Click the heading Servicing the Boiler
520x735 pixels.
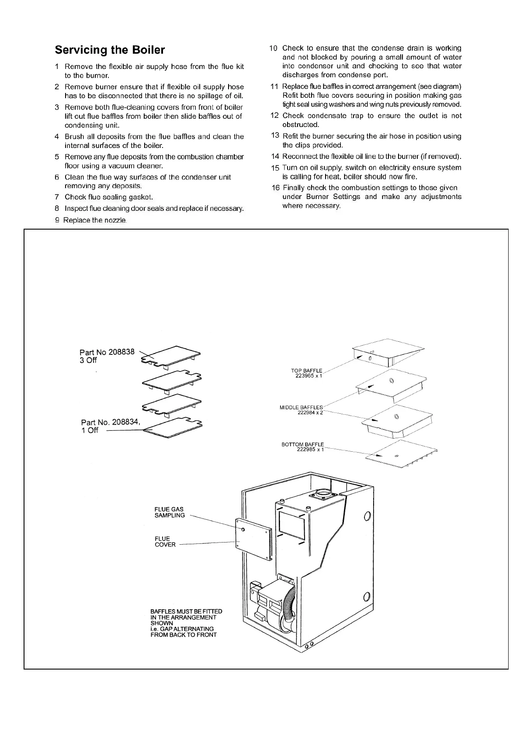(110, 50)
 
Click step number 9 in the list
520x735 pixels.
(57, 220)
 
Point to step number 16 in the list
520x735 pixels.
(275, 188)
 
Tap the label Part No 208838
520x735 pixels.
(107, 352)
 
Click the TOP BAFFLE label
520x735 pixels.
(306, 371)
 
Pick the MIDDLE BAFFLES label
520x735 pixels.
(301, 408)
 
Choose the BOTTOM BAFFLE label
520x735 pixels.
(303, 445)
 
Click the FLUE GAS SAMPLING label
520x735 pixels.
(170, 512)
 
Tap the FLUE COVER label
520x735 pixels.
(165, 542)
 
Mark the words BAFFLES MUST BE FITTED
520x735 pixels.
(186, 611)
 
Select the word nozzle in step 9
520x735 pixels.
(114, 220)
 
